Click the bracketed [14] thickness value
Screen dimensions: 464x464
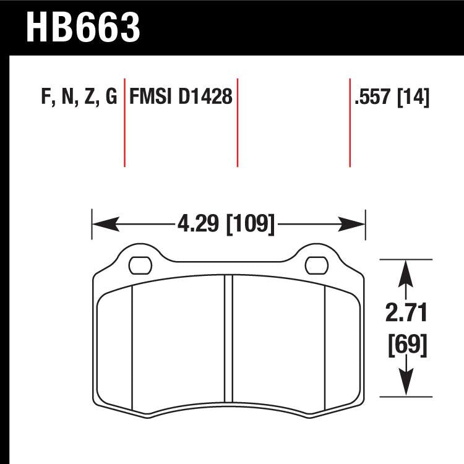[413, 98]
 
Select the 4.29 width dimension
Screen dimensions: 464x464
[199, 223]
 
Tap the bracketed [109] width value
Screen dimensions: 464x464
[251, 223]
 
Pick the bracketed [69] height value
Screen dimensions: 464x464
[405, 344]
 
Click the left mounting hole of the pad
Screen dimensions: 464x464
[139, 265]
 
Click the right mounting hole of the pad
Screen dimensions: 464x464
[317, 265]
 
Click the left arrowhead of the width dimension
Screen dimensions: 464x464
[100, 223]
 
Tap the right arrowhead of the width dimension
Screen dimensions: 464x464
[358, 223]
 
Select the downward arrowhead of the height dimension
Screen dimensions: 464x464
[405, 387]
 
